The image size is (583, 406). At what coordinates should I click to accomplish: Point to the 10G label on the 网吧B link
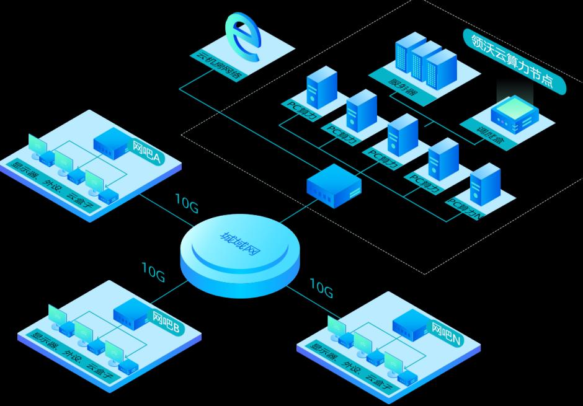coord(153,271)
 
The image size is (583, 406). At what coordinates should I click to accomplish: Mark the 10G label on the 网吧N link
coord(321,287)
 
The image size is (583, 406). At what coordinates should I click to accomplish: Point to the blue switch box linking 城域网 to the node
coord(334,185)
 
